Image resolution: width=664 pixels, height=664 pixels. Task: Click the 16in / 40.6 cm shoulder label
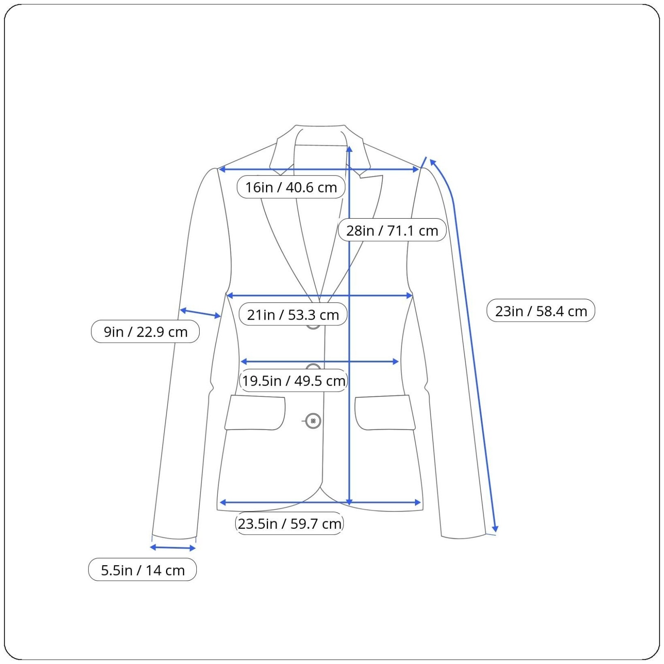[291, 187]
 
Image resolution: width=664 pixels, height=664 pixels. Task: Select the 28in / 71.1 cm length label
[392, 230]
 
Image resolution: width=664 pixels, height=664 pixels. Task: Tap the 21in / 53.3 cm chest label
[293, 315]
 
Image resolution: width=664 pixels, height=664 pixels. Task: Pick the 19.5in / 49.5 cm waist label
[293, 381]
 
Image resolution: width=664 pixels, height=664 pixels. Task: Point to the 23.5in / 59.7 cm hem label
[289, 523]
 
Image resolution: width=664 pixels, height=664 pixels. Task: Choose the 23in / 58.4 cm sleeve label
[541, 311]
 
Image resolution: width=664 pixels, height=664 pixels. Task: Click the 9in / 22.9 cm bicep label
[145, 332]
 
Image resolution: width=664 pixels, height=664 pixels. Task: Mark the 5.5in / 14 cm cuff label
[142, 570]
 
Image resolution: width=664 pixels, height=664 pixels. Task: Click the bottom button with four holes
[313, 421]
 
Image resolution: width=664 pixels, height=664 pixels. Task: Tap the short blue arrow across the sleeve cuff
[173, 548]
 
